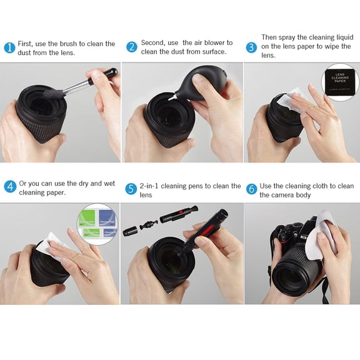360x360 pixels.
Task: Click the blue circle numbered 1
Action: [x=9, y=48]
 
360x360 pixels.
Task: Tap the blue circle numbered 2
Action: [x=131, y=47]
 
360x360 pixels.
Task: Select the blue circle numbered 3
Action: [x=251, y=47]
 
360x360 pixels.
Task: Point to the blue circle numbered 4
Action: [x=9, y=186]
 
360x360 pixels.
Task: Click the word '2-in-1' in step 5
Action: [x=151, y=186]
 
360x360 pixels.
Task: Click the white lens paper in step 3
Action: [x=282, y=101]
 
